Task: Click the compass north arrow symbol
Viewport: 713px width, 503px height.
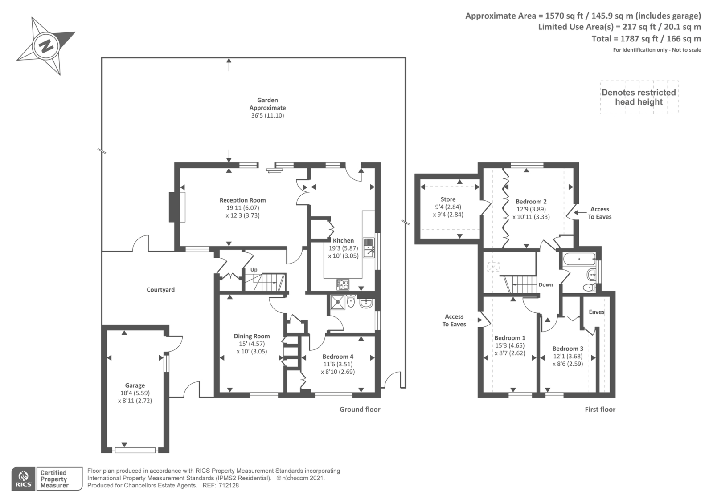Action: point(45,46)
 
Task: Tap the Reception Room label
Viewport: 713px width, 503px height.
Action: point(242,200)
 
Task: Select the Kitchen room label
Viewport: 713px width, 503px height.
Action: point(343,240)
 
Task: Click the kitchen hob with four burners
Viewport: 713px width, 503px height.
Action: point(343,284)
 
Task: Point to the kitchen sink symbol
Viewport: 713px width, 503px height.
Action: point(369,248)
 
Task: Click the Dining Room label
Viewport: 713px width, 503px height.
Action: point(252,336)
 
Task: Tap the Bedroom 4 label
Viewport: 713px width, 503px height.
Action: point(338,357)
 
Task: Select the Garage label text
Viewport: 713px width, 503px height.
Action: point(135,385)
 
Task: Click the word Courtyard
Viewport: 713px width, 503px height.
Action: point(160,290)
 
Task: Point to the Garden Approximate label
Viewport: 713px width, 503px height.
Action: point(267,104)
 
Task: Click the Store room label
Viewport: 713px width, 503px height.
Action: point(448,199)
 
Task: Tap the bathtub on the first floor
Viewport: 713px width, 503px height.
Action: point(579,259)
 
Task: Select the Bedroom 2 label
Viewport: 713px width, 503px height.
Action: point(531,202)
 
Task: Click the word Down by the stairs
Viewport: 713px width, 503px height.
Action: point(545,285)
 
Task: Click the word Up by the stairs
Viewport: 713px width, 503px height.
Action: point(254,270)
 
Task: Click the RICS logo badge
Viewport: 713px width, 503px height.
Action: point(23,479)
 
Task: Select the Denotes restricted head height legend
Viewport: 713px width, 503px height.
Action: point(639,97)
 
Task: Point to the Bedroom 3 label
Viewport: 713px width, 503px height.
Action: point(567,349)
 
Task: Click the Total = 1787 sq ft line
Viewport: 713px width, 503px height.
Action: point(646,39)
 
